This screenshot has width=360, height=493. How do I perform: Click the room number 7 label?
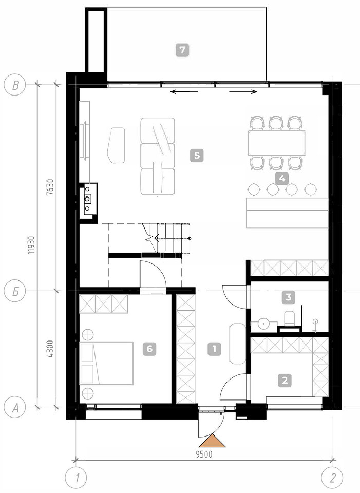tap(182, 50)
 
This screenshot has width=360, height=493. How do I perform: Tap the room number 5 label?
tap(197, 155)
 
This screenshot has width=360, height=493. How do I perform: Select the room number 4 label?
tap(282, 178)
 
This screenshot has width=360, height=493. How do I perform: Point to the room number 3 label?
tap(289, 297)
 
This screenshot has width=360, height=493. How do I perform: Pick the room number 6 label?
tap(149, 349)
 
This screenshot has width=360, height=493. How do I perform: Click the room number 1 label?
tap(215, 349)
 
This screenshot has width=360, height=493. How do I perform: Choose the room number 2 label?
tap(285, 380)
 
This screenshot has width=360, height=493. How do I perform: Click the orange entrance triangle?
tap(212, 441)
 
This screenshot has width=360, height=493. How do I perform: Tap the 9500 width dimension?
tap(204, 454)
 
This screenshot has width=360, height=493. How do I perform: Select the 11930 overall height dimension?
tap(31, 245)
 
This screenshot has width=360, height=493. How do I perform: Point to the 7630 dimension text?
tap(50, 187)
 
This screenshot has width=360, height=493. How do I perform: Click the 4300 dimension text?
tap(50, 349)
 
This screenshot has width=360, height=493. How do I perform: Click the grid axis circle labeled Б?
tap(14, 291)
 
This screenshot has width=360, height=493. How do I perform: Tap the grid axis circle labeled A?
tap(14, 408)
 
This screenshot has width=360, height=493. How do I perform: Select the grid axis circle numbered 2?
tap(332, 478)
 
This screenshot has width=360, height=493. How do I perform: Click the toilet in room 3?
tap(289, 318)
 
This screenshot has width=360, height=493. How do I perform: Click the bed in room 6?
tap(106, 363)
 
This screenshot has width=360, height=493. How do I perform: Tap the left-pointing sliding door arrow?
tap(184, 92)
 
